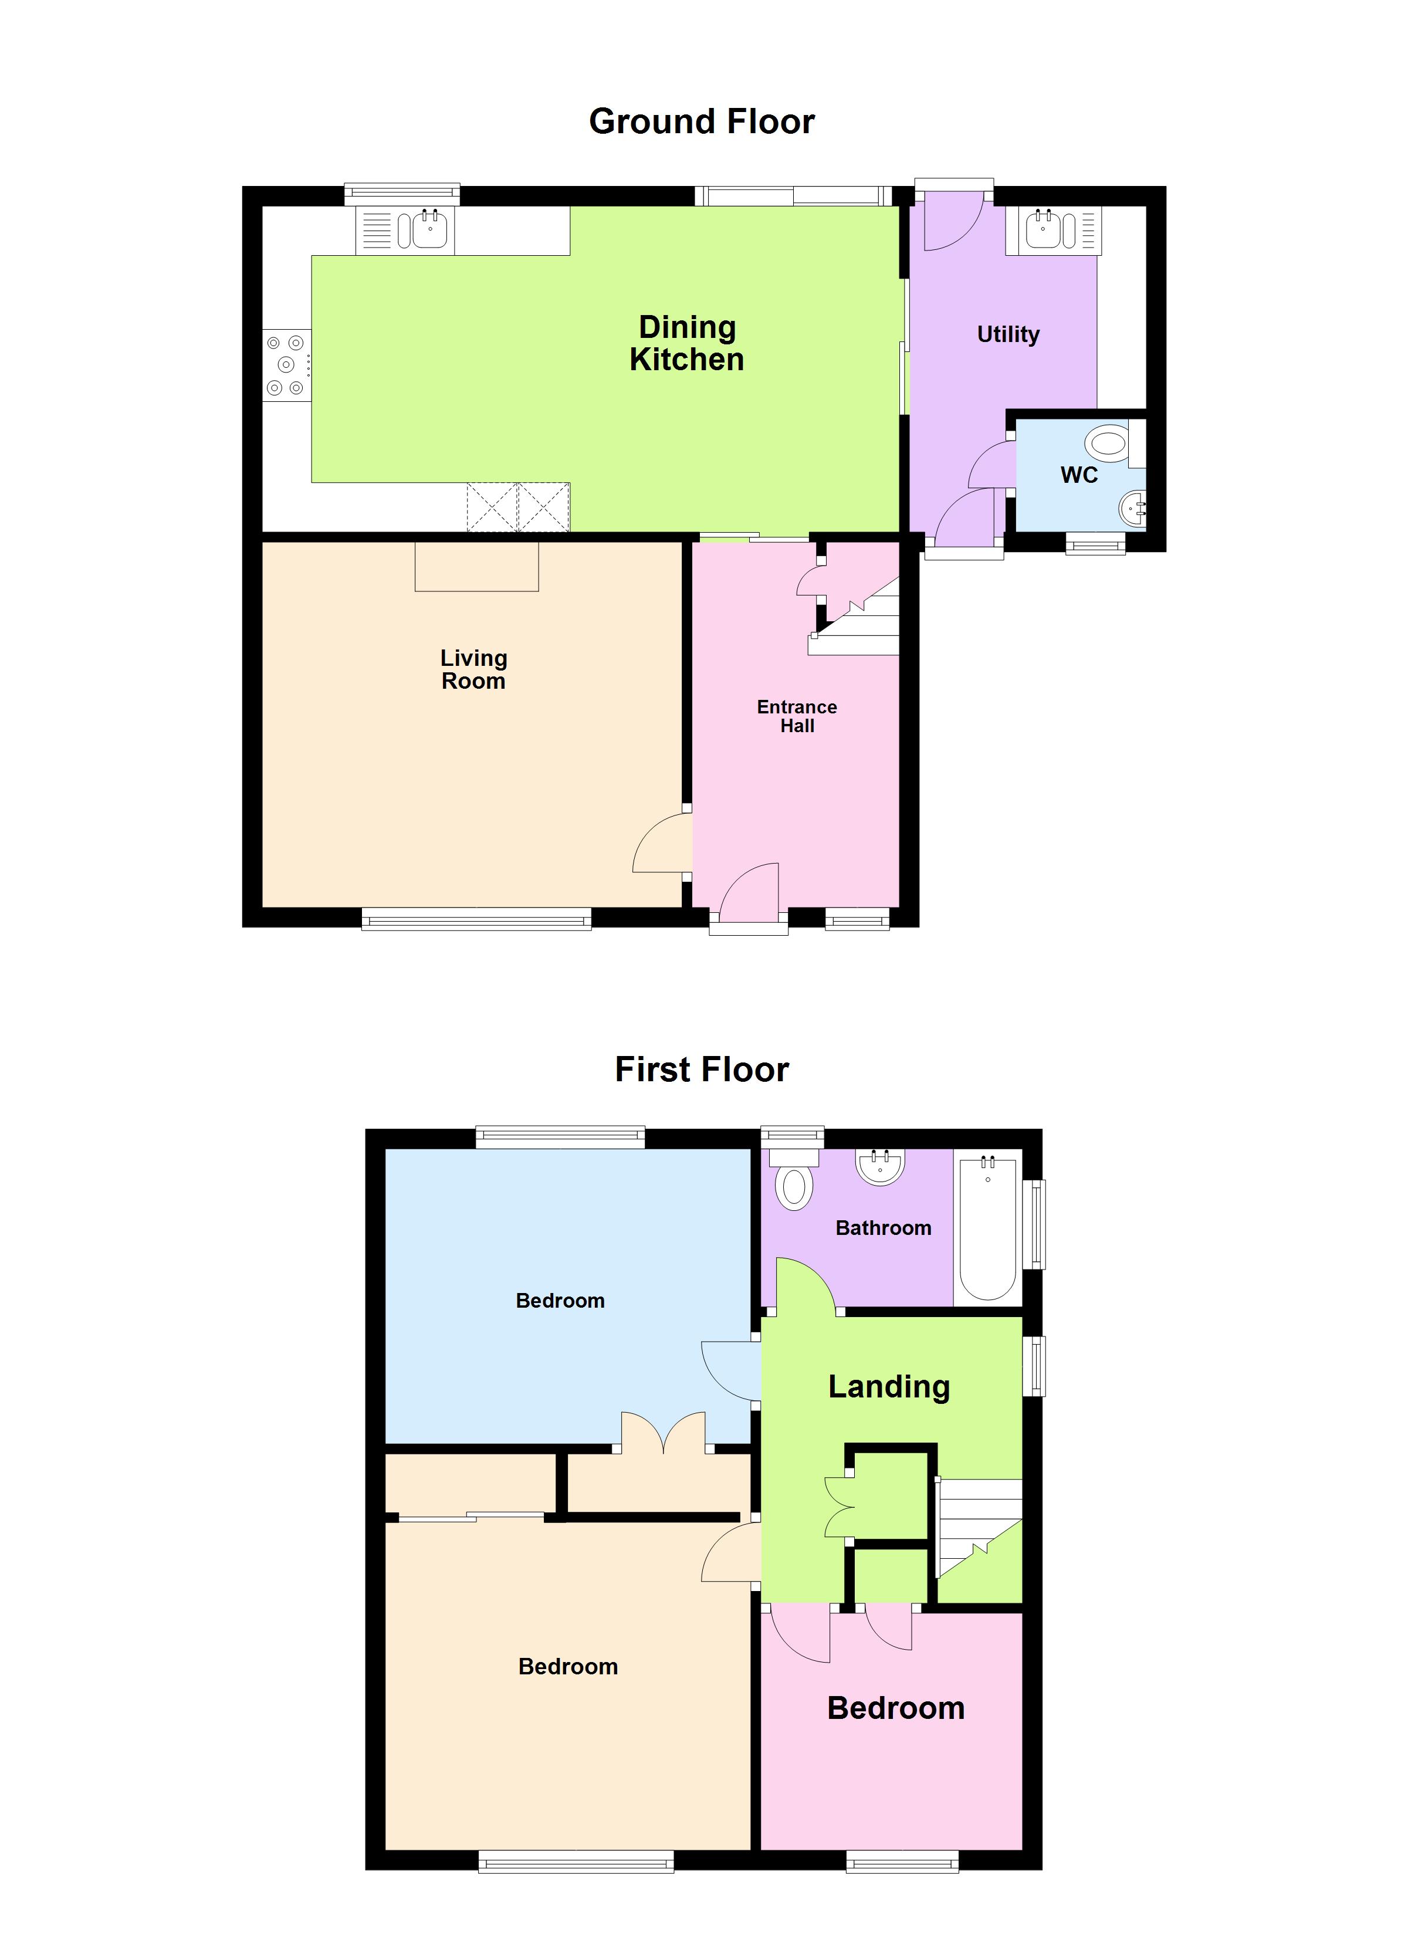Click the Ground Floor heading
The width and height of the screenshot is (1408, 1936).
[702, 121]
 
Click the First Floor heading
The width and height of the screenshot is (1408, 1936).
[702, 1069]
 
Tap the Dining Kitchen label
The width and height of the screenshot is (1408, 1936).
[688, 343]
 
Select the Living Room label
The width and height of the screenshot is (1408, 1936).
[474, 669]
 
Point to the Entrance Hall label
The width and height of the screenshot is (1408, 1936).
[797, 716]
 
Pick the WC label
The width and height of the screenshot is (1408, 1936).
[1079, 475]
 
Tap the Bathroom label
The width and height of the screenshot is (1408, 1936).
[883, 1227]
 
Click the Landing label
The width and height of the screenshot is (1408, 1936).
[889, 1387]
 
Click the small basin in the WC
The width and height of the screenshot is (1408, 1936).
[1133, 510]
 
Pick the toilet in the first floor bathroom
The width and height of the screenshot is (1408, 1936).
[794, 1182]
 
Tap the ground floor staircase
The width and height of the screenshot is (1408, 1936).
[862, 619]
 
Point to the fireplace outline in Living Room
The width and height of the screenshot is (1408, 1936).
[476, 567]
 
